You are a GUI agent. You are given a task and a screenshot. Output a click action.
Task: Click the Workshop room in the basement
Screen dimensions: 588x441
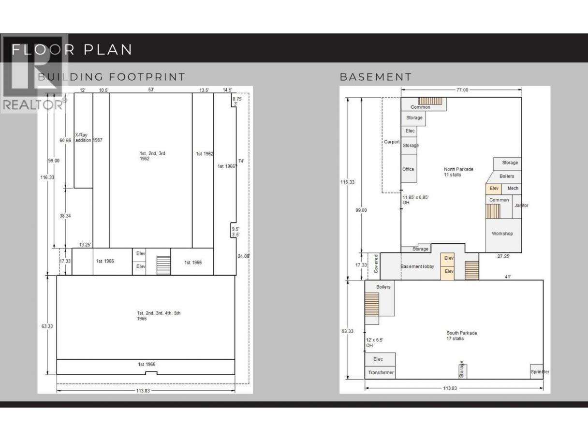coord(503,235)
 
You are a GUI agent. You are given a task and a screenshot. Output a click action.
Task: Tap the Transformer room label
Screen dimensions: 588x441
coord(381,372)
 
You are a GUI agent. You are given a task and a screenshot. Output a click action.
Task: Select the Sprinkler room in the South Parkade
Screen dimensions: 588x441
coord(537,372)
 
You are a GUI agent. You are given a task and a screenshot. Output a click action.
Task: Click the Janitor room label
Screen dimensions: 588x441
coord(521,206)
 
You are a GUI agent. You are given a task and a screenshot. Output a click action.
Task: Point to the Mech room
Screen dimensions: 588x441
coord(512,189)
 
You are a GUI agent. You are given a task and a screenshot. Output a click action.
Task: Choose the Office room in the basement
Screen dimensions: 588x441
coord(409,168)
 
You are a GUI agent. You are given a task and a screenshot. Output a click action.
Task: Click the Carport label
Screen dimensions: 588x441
coord(392,142)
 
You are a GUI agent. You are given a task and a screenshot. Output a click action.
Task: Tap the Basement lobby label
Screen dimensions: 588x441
coord(417,266)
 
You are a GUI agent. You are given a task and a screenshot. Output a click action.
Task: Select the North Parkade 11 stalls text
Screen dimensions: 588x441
coord(458,172)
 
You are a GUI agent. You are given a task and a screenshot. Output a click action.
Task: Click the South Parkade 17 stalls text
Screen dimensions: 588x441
coord(462,336)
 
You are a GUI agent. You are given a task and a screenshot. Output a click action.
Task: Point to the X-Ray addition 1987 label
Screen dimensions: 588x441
coord(88,137)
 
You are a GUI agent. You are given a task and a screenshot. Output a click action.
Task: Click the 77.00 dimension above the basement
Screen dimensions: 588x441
coord(462,90)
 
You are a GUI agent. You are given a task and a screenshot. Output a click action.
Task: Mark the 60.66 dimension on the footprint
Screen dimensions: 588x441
coord(65,140)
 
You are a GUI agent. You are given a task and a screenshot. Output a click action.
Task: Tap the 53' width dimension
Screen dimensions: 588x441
coord(151,89)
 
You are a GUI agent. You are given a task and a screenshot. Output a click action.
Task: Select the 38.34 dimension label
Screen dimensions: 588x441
coord(65,216)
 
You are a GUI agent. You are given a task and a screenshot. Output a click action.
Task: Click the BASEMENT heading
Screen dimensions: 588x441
coord(375,77)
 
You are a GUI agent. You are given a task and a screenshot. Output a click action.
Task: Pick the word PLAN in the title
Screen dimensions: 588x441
coord(108,50)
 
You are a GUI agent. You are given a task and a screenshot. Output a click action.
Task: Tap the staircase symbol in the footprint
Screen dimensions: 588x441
coord(163,265)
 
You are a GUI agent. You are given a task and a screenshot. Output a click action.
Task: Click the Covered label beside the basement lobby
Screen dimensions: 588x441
coord(376,264)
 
